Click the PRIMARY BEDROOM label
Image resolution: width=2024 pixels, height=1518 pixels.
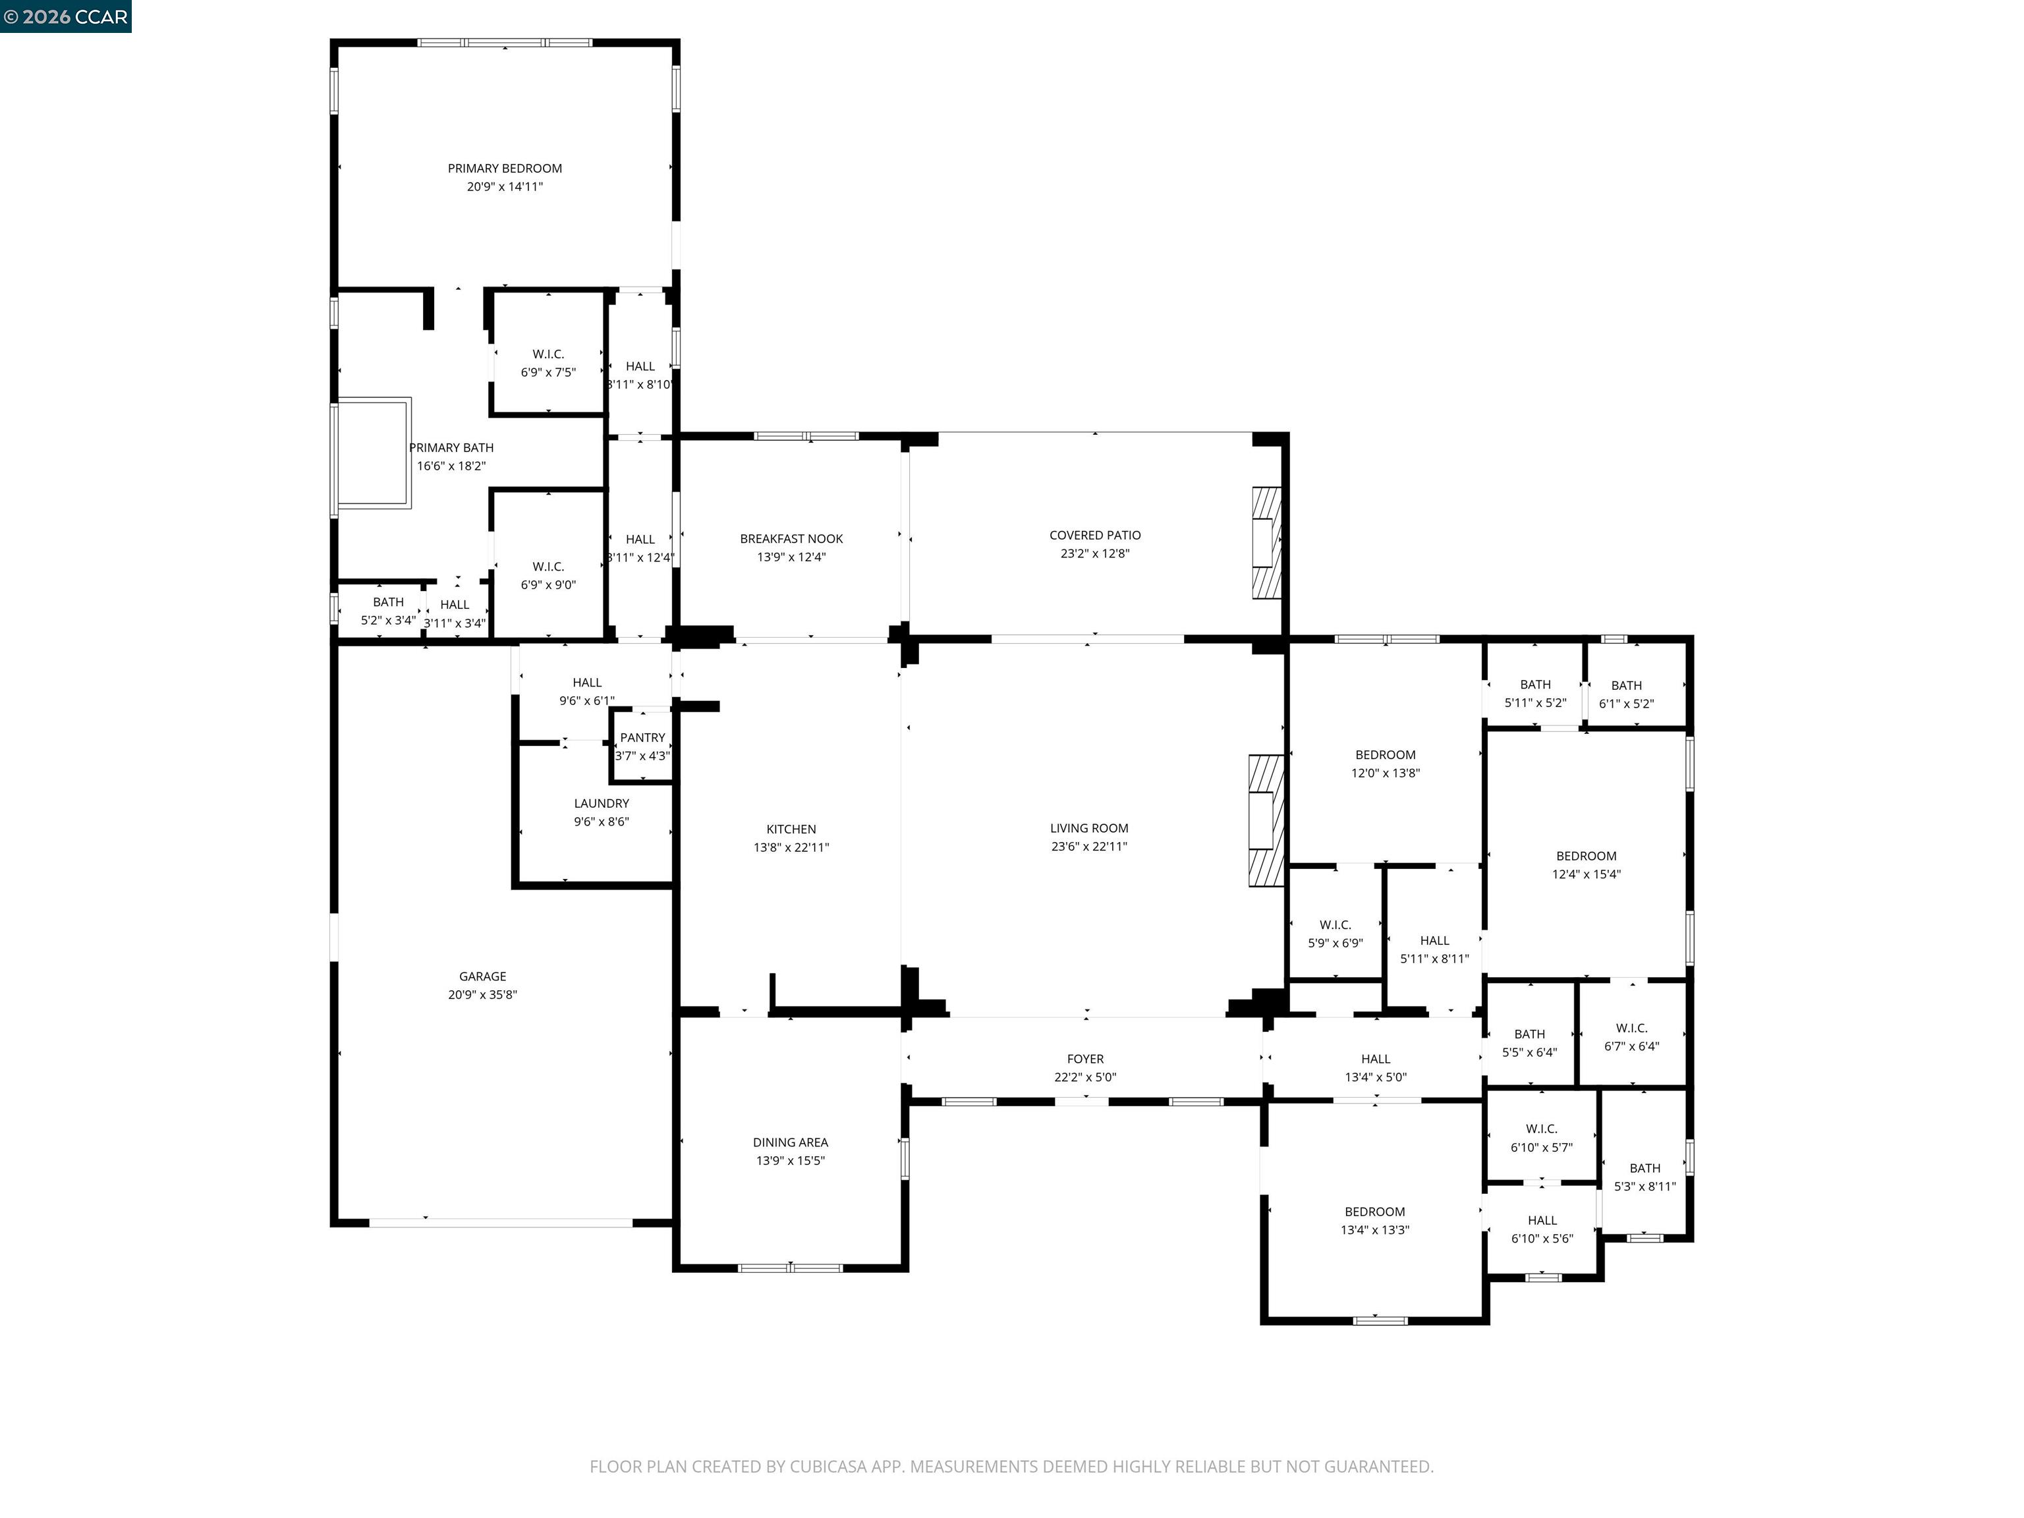pos(504,169)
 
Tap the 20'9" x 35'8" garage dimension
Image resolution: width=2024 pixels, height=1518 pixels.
pos(482,995)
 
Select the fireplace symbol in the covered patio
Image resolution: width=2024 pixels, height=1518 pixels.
pos(1266,543)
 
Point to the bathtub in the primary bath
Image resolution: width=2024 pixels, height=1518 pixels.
pos(374,452)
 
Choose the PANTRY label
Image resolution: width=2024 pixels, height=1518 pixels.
pos(642,737)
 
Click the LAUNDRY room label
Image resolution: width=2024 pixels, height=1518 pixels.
pos(601,803)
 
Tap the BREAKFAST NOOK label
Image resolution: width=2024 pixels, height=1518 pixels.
pos(791,539)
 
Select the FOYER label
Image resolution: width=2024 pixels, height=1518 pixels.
pos(1085,1059)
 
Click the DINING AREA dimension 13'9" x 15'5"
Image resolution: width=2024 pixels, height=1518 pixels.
pos(790,1160)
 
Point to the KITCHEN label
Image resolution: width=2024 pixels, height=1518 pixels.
pos(791,829)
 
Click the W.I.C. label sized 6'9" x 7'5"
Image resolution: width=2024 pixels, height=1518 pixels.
pos(548,354)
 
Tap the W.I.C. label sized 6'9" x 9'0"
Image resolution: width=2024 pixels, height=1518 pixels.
pos(548,567)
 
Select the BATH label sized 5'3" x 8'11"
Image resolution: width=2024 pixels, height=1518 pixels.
pos(1644,1167)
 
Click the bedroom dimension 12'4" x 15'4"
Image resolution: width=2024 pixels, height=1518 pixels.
pos(1586,874)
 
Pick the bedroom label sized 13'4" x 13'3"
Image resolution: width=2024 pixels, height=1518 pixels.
pos(1374,1212)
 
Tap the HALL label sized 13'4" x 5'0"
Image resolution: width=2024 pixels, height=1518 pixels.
pos(1375,1059)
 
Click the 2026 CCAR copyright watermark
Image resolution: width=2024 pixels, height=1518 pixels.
pos(66,16)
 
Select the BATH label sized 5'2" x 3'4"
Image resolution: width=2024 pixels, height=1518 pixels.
pos(388,602)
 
